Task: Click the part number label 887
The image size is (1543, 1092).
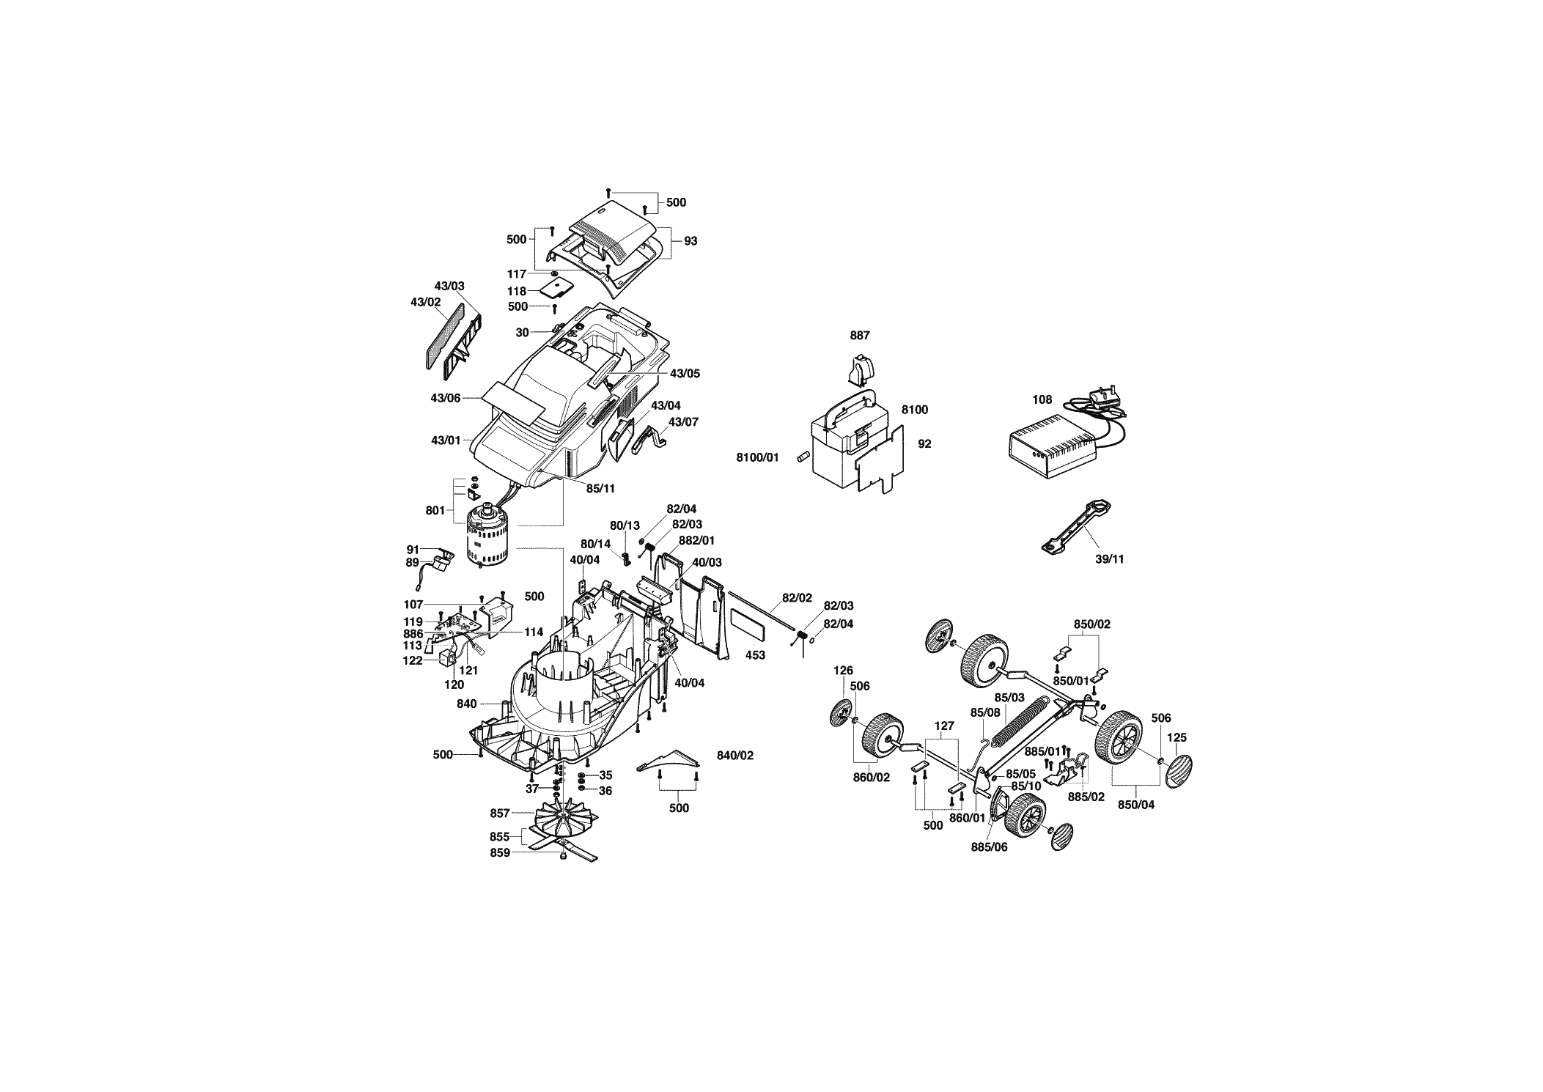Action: point(860,336)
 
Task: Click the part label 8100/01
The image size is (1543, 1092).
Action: point(758,458)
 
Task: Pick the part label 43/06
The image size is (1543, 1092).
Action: point(446,398)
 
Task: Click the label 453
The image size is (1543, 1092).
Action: point(755,655)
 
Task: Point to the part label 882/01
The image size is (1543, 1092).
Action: point(696,540)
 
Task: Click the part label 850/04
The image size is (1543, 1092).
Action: point(1135,804)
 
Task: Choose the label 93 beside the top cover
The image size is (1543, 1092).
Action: point(691,241)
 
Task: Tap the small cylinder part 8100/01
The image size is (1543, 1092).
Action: point(802,457)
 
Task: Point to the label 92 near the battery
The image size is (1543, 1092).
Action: point(924,443)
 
